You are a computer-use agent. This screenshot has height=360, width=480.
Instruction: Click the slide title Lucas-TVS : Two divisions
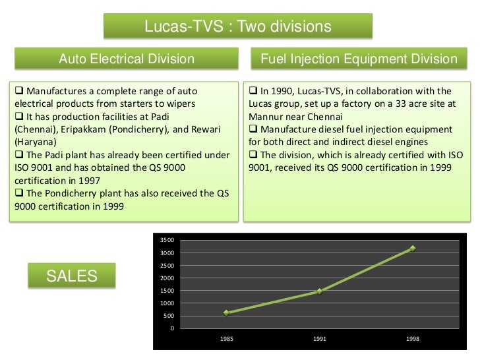click(x=237, y=27)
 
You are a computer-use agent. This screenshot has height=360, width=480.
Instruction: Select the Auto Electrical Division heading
click(x=127, y=59)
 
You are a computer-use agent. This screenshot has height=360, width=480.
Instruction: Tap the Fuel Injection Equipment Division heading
click(x=359, y=59)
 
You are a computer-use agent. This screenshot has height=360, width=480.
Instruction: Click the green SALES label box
click(x=71, y=276)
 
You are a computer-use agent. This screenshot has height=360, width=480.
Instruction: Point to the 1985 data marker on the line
click(x=226, y=313)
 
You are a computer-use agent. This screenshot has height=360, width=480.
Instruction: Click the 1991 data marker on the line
click(x=319, y=291)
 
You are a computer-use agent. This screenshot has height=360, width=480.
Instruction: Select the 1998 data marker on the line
click(x=413, y=249)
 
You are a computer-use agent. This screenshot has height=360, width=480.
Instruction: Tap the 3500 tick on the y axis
click(x=167, y=241)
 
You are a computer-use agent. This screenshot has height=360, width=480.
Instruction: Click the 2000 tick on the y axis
click(x=167, y=278)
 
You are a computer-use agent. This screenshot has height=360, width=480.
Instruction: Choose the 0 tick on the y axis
click(x=172, y=328)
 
